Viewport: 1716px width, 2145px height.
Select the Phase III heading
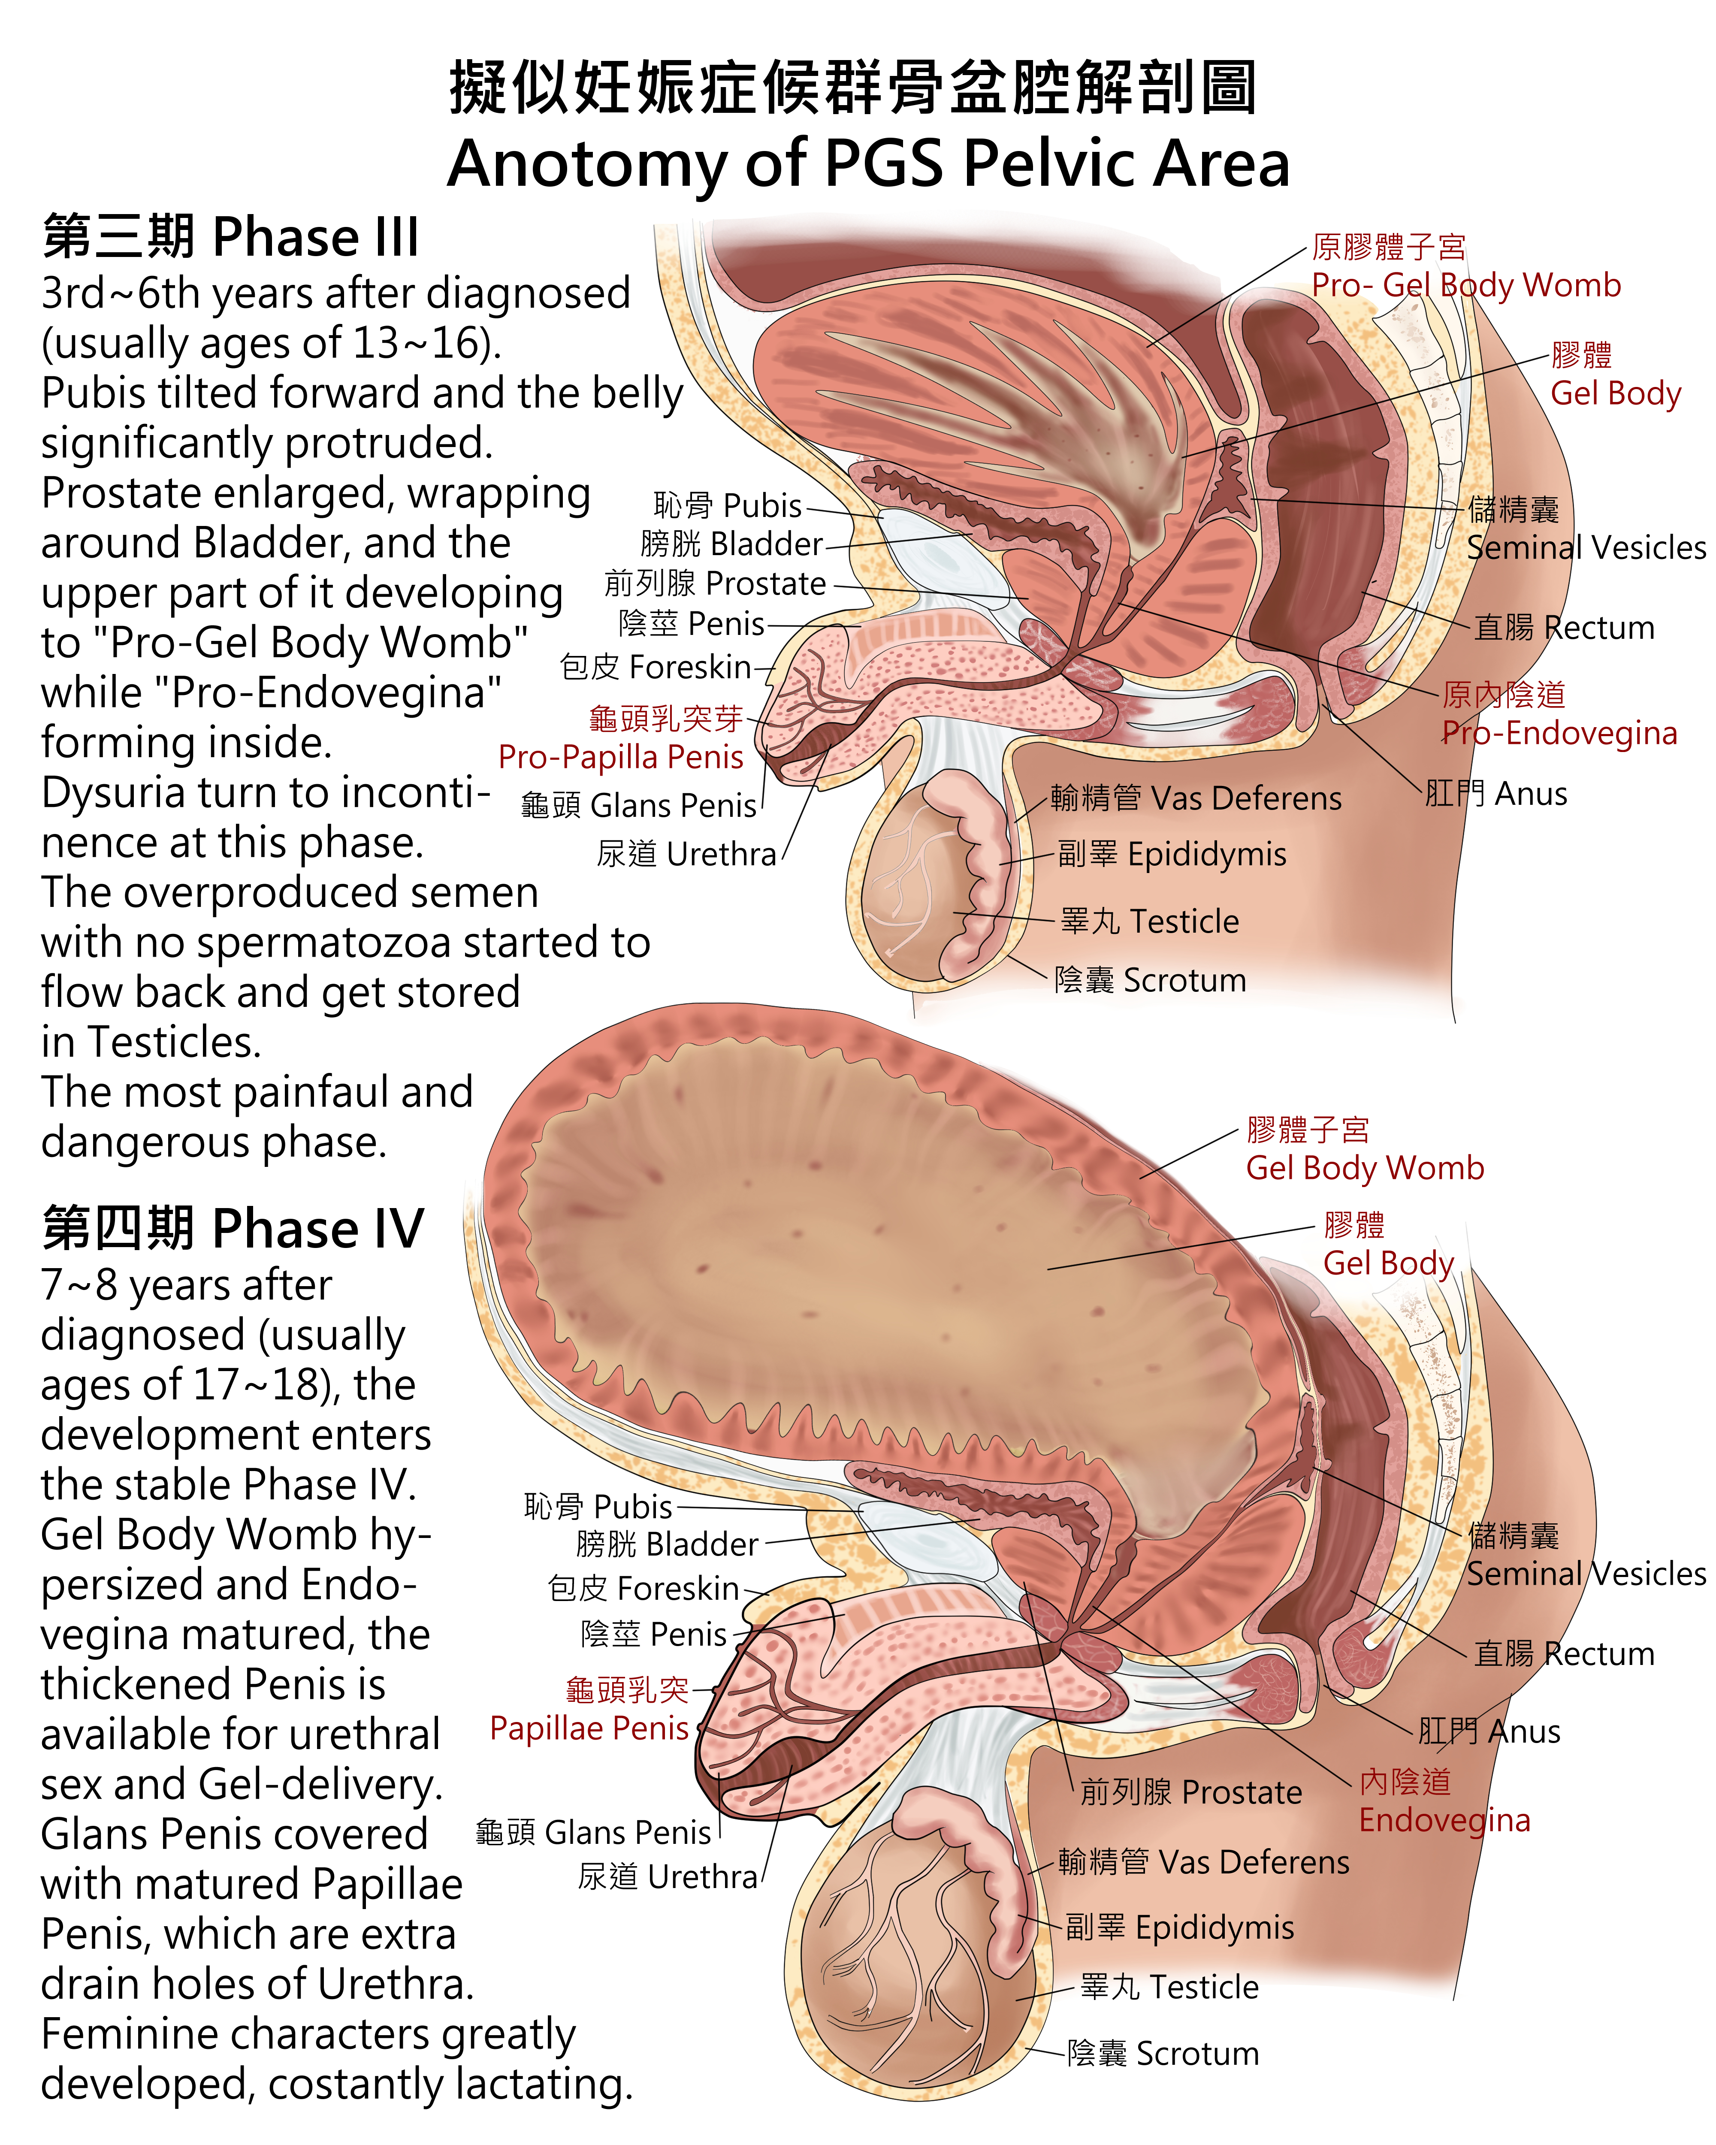point(231,237)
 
